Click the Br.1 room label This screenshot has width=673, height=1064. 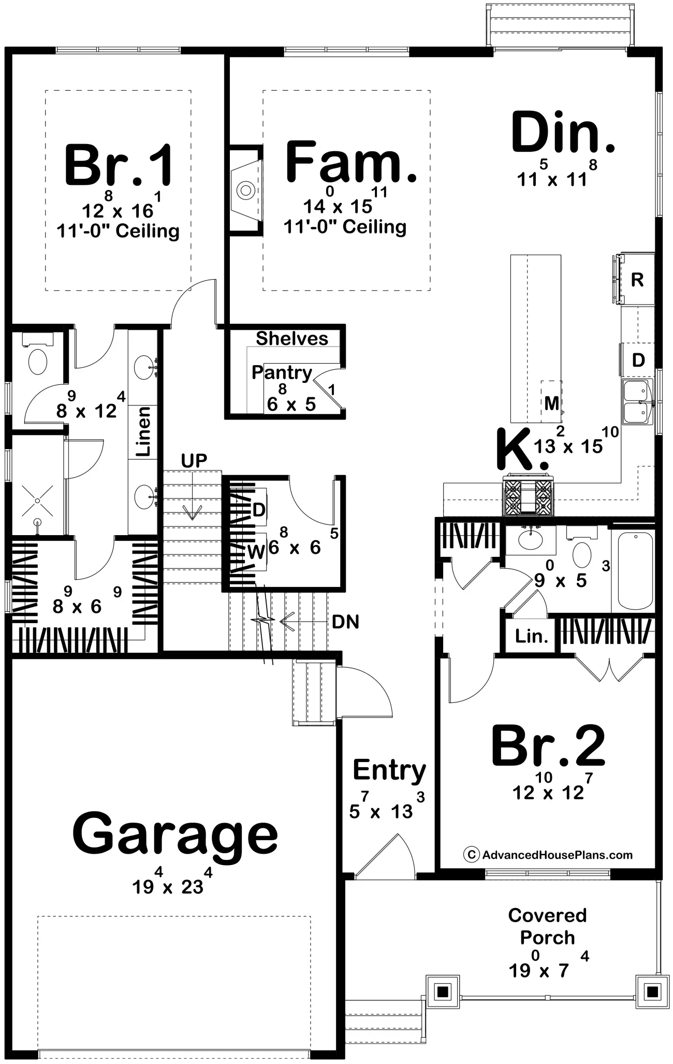pos(119,166)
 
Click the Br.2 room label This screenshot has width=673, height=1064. pos(548,745)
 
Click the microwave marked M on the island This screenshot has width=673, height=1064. pos(551,401)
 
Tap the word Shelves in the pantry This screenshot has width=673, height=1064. pos(292,338)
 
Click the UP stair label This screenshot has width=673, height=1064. pos(194,460)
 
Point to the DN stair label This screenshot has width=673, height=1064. pos(346,621)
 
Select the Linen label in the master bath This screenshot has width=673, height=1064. pos(143,431)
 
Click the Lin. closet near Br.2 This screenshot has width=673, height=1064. pos(532,636)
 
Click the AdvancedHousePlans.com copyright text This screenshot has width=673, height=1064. pos(548,854)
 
